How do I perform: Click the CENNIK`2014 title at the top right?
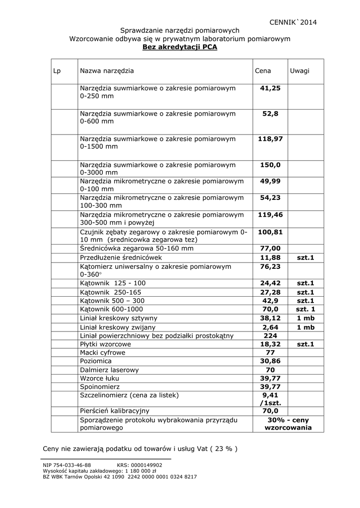[292, 22]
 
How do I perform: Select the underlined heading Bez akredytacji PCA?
[180, 47]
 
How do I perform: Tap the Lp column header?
[57, 71]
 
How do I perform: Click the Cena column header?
[263, 71]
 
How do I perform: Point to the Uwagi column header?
[299, 71]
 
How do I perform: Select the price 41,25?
[270, 88]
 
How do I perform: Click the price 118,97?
[270, 139]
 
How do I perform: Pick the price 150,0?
[270, 165]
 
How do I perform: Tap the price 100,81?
[270, 232]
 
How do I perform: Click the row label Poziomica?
[96, 361]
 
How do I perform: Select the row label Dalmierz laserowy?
[109, 370]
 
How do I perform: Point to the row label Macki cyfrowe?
[102, 353]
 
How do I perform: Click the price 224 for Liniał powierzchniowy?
[270, 336]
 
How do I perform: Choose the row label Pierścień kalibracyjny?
[114, 411]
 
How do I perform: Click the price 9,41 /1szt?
[270, 399]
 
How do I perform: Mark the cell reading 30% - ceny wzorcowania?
[288, 424]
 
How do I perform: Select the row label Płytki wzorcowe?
[105, 344]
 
